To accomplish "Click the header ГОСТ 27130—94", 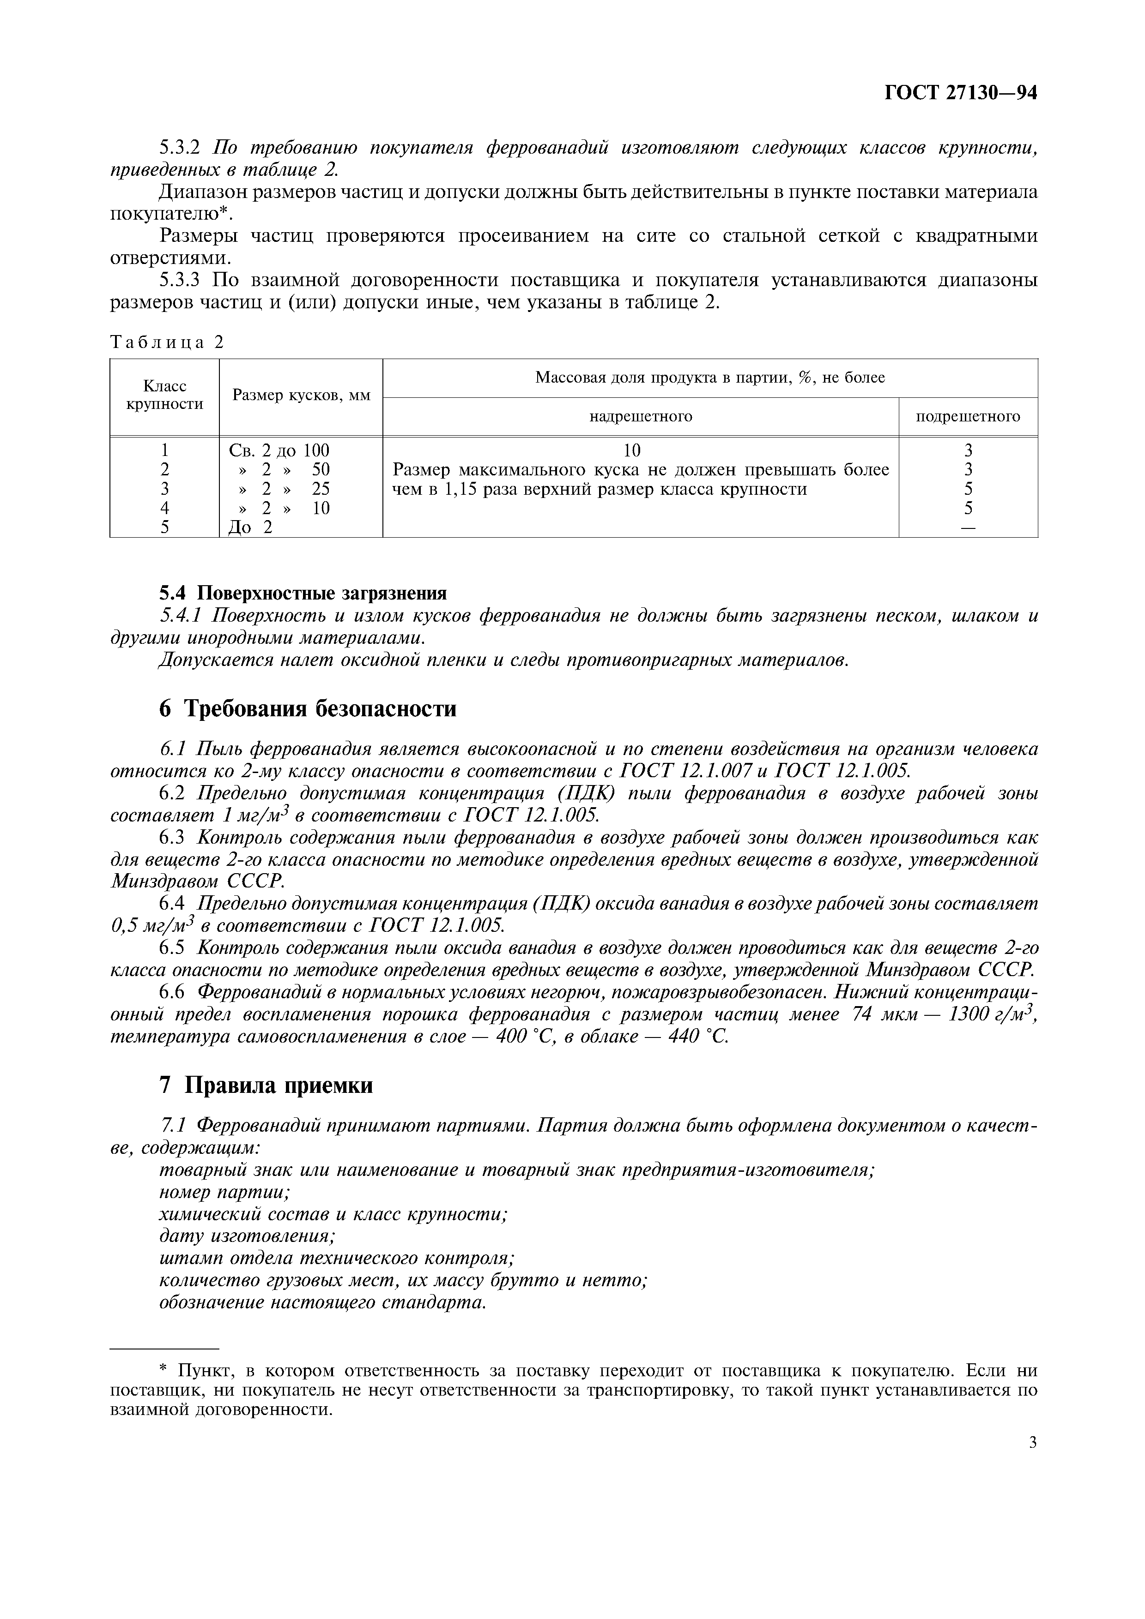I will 960,94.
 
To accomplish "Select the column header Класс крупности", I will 164,395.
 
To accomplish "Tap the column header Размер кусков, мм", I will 301,395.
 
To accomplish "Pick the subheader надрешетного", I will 641,417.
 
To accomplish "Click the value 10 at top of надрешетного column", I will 632,450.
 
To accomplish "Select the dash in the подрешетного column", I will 968,528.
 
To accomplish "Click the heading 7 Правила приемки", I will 266,1086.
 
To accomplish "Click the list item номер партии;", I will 225,1193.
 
